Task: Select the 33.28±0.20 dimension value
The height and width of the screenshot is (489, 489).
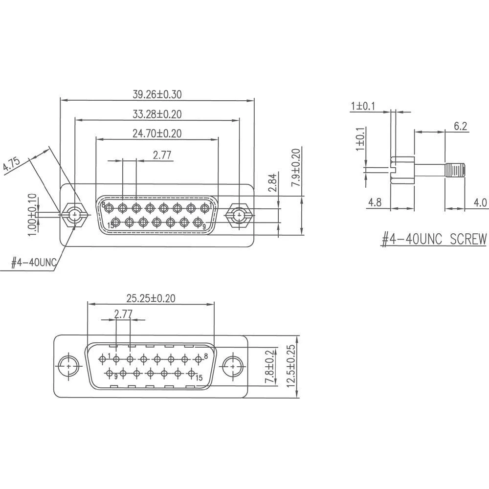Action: pyautogui.click(x=157, y=114)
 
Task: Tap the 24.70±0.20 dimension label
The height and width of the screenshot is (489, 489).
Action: pyautogui.click(x=157, y=133)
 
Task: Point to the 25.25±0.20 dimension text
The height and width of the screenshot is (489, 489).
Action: pyautogui.click(x=151, y=298)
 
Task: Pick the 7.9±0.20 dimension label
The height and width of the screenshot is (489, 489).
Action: pyautogui.click(x=296, y=166)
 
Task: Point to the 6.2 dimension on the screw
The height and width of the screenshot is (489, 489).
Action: pyautogui.click(x=460, y=126)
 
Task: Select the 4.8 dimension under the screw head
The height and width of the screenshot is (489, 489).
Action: pyautogui.click(x=375, y=202)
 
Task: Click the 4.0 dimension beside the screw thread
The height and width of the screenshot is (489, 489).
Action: pyautogui.click(x=480, y=202)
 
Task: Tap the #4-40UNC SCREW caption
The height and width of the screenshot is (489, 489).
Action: pyautogui.click(x=435, y=239)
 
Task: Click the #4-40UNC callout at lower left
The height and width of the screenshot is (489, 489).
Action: pyautogui.click(x=33, y=263)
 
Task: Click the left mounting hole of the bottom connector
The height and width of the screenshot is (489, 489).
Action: pyautogui.click(x=69, y=366)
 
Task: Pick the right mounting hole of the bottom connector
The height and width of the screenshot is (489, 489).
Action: pyautogui.click(x=233, y=366)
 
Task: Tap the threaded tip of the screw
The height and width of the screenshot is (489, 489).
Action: pyautogui.click(x=455, y=171)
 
